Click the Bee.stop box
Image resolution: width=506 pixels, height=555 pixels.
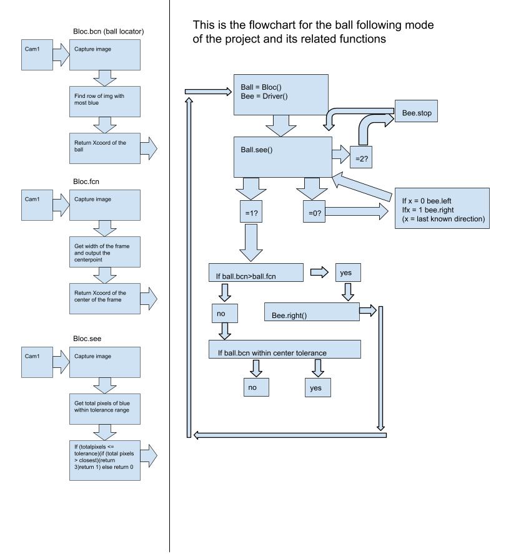(x=416, y=111)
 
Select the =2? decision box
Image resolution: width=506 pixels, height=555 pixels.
(x=361, y=157)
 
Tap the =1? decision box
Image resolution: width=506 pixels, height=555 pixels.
(x=251, y=211)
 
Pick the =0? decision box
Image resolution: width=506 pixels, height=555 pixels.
(x=314, y=211)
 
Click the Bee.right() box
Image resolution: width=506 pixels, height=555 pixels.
(x=312, y=312)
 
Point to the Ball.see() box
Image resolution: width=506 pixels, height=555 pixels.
(x=282, y=157)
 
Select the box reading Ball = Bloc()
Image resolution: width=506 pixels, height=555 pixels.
(x=281, y=95)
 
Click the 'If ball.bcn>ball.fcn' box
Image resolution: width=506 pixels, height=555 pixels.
(x=256, y=273)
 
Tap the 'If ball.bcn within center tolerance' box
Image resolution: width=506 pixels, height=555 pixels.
(x=285, y=349)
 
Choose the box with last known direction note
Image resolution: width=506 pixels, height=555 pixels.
(x=442, y=208)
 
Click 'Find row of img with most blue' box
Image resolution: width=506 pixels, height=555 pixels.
(x=104, y=102)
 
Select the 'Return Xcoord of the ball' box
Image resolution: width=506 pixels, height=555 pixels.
(x=104, y=148)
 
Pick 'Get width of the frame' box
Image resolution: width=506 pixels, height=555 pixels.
(x=104, y=252)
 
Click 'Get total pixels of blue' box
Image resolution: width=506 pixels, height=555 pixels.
(x=104, y=409)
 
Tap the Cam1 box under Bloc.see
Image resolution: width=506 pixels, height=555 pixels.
(x=37, y=362)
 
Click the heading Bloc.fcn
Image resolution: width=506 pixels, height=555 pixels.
(x=86, y=181)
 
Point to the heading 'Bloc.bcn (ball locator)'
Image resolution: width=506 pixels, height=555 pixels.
(x=109, y=32)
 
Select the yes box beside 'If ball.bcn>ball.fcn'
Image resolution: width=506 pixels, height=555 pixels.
(x=348, y=273)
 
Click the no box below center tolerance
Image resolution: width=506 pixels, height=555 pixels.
(x=256, y=387)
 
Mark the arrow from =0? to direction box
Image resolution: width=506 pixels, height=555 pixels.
(x=357, y=211)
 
